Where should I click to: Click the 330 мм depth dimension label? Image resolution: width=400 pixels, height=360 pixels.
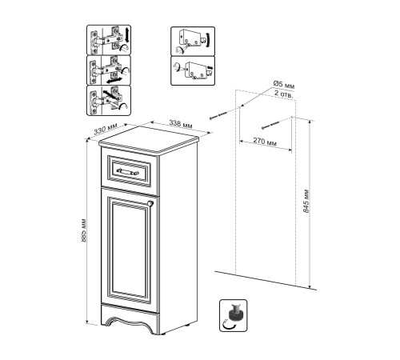click(x=106, y=129)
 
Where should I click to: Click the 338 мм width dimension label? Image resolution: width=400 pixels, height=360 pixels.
click(x=181, y=124)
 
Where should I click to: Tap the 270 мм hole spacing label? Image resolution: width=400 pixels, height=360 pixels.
click(x=265, y=142)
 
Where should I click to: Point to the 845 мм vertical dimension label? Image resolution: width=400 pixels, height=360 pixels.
click(x=306, y=201)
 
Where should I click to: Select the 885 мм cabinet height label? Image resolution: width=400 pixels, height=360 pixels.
click(x=83, y=230)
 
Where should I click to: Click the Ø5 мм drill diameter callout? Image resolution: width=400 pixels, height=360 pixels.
click(x=284, y=85)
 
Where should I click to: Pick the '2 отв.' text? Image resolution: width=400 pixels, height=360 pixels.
click(x=284, y=94)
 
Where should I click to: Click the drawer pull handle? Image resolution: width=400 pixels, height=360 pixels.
click(x=128, y=171)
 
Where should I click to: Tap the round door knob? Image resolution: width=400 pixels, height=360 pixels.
click(x=150, y=203)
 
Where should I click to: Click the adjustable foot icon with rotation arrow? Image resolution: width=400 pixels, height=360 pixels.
click(x=234, y=315)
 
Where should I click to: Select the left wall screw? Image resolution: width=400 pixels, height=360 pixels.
click(x=218, y=116)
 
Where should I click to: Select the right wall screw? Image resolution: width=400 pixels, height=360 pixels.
click(x=271, y=125)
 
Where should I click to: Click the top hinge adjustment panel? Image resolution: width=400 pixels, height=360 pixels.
click(x=109, y=40)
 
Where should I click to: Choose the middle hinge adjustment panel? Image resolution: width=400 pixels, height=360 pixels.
click(x=109, y=70)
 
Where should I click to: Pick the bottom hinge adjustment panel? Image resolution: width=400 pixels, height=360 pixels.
click(x=109, y=101)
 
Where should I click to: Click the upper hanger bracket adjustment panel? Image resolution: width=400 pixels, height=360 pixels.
click(x=193, y=41)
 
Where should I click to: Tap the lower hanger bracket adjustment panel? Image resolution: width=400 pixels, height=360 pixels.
click(x=193, y=70)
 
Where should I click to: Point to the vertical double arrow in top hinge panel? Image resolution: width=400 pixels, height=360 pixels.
click(x=126, y=35)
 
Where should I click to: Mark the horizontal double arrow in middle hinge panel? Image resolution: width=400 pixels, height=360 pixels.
click(x=113, y=80)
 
